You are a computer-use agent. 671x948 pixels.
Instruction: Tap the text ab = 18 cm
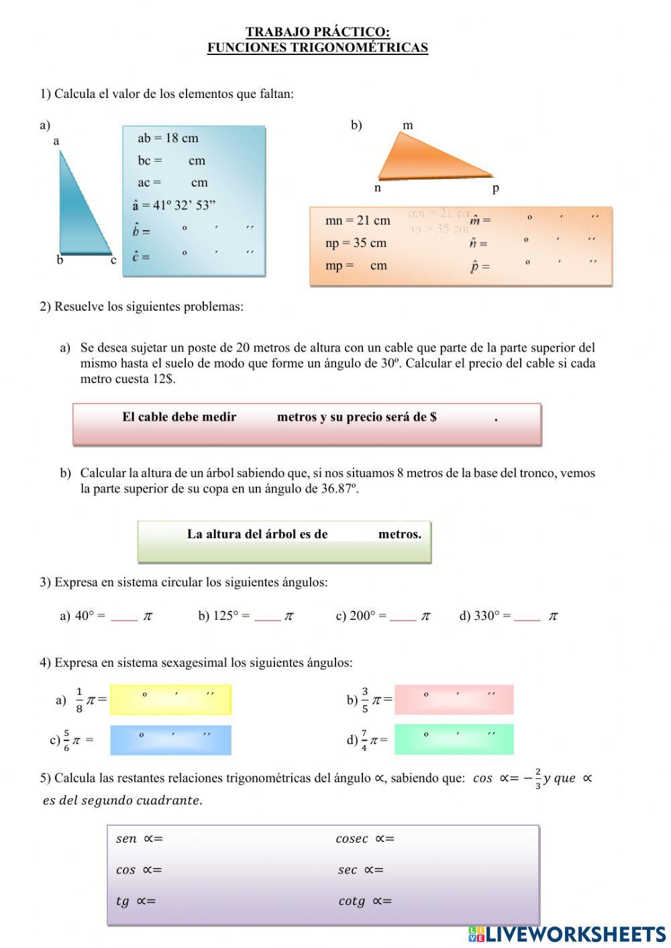pyautogui.click(x=168, y=138)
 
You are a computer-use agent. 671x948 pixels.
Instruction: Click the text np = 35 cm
pyautogui.click(x=356, y=243)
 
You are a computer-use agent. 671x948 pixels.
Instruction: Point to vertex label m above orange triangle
pyautogui.click(x=407, y=125)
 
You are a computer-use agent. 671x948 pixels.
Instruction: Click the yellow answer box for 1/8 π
pyautogui.click(x=170, y=700)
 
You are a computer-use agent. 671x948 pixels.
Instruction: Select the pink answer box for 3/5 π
pyautogui.click(x=454, y=700)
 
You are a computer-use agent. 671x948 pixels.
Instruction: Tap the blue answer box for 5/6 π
pyautogui.click(x=170, y=740)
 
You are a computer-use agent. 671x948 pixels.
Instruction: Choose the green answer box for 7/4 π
pyautogui.click(x=454, y=739)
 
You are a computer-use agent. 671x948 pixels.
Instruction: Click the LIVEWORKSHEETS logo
pyautogui.click(x=567, y=934)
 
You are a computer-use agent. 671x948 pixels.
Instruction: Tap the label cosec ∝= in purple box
pyautogui.click(x=364, y=839)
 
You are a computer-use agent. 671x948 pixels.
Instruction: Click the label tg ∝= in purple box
pyautogui.click(x=136, y=901)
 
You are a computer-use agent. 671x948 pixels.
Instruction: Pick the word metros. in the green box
pyautogui.click(x=400, y=534)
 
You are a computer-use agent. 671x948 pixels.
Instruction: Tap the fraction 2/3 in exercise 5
pyautogui.click(x=537, y=779)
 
